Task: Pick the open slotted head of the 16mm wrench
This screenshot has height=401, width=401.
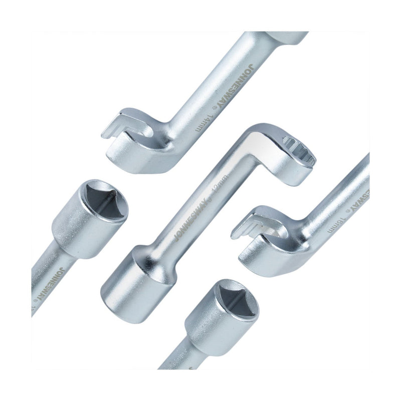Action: (x=261, y=234)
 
